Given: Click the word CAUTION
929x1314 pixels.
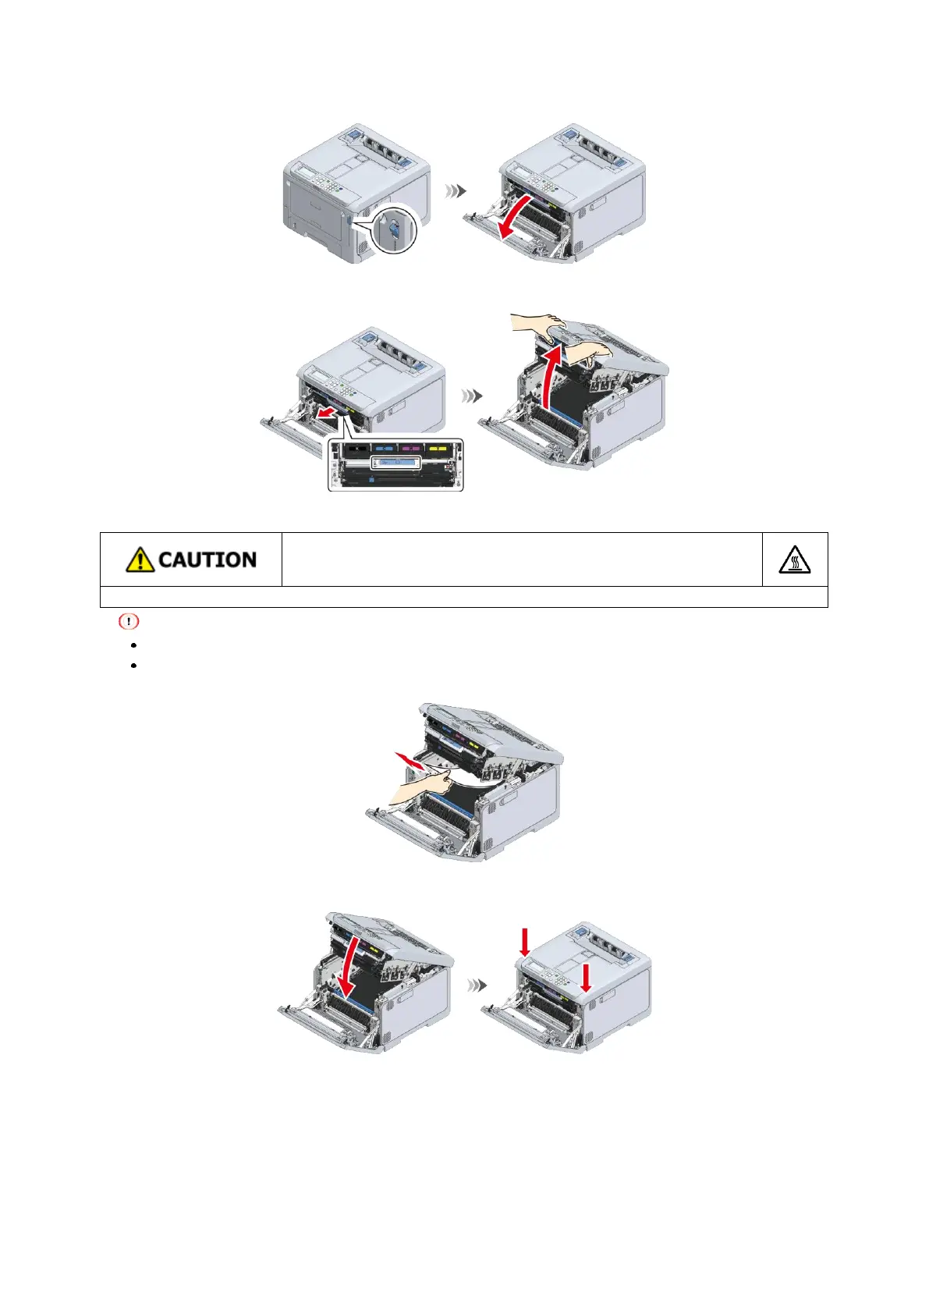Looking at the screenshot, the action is click(x=207, y=559).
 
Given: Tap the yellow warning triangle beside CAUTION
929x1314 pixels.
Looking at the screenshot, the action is click(x=140, y=559).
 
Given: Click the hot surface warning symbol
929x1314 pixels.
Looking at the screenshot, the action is click(x=794, y=559).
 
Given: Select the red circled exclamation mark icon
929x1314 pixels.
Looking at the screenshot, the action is click(x=129, y=622).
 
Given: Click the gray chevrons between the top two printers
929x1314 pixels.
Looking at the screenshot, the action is click(x=456, y=190).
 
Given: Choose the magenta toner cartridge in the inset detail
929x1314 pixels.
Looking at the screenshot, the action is click(x=410, y=449).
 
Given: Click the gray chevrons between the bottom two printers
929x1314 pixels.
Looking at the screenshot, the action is click(x=477, y=986).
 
